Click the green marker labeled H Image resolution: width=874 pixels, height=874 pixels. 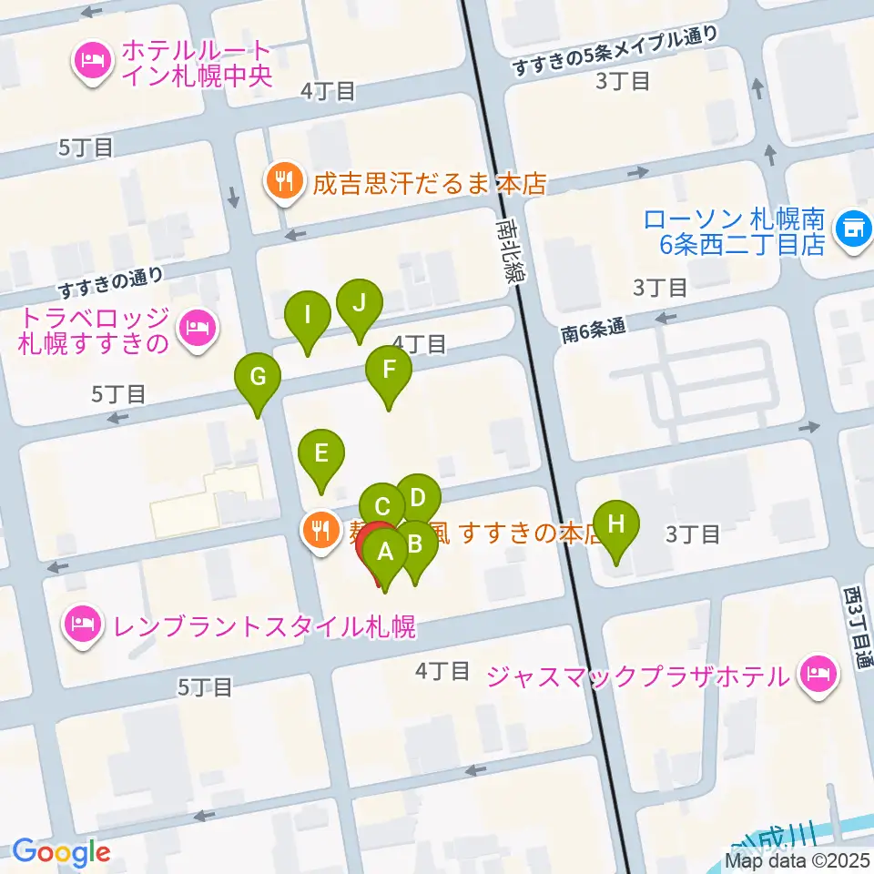(616, 525)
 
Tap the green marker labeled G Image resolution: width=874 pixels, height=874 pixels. (258, 377)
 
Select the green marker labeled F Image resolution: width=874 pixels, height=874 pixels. (389, 371)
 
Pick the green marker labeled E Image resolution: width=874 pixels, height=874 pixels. (320, 453)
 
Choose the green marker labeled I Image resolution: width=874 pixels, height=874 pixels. (308, 316)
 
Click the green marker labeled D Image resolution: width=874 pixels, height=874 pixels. (418, 499)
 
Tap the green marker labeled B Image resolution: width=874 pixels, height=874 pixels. (415, 545)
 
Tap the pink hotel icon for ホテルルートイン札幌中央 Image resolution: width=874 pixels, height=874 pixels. (91, 62)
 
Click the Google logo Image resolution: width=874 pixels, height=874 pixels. (61, 852)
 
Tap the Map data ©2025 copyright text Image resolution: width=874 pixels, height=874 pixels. (798, 859)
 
